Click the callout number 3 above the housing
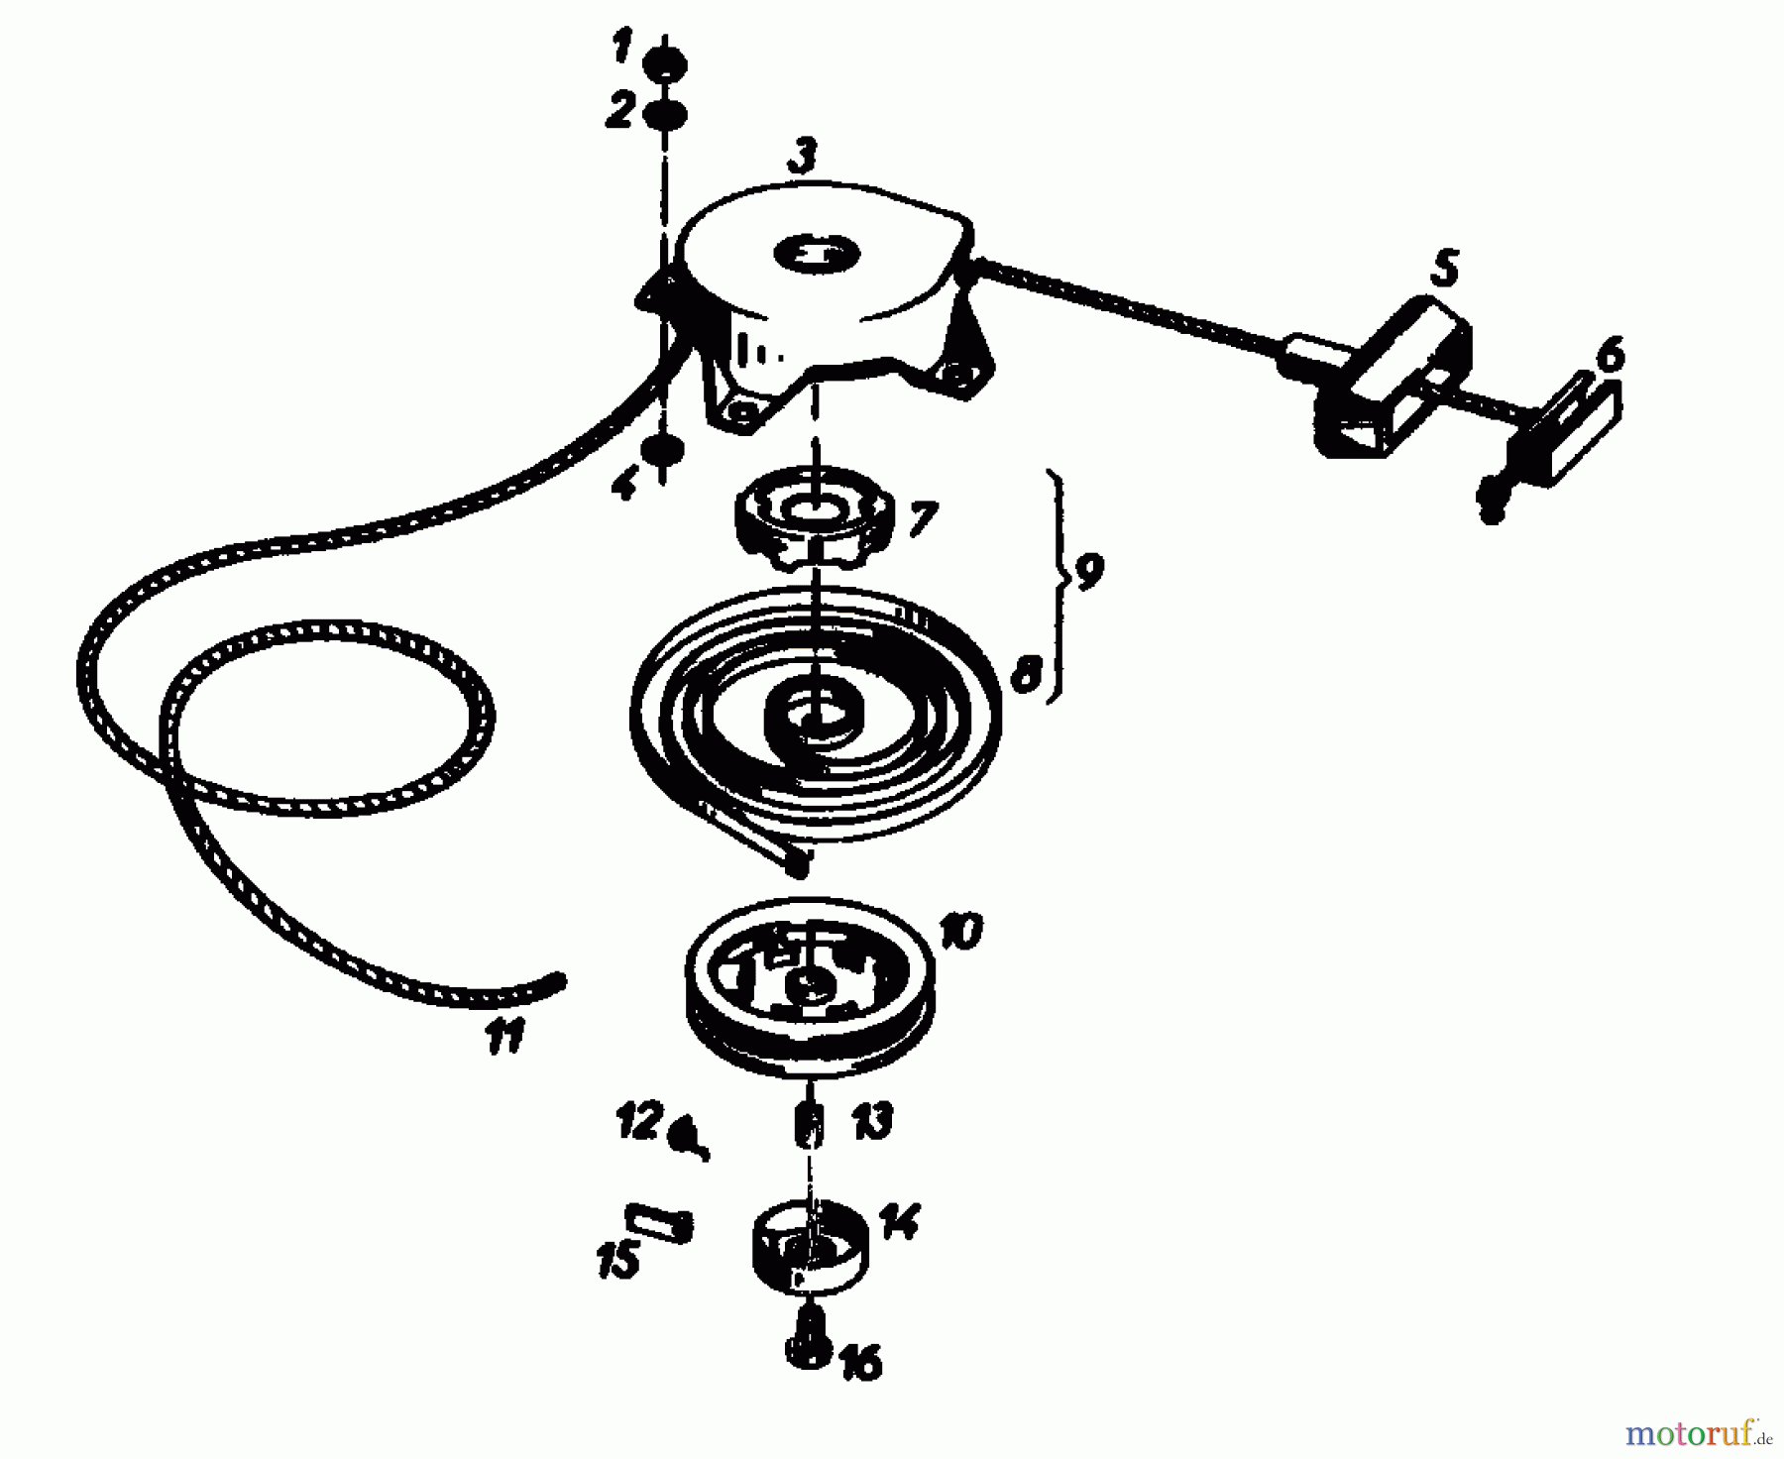tap(803, 157)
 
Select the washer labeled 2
tap(665, 116)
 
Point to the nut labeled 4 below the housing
tap(662, 451)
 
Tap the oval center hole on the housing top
tap(819, 253)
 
